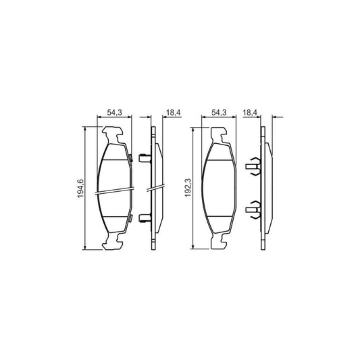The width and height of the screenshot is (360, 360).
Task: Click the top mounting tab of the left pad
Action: point(114,136)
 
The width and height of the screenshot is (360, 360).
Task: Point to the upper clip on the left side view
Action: point(143,159)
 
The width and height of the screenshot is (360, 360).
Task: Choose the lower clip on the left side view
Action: point(143,217)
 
